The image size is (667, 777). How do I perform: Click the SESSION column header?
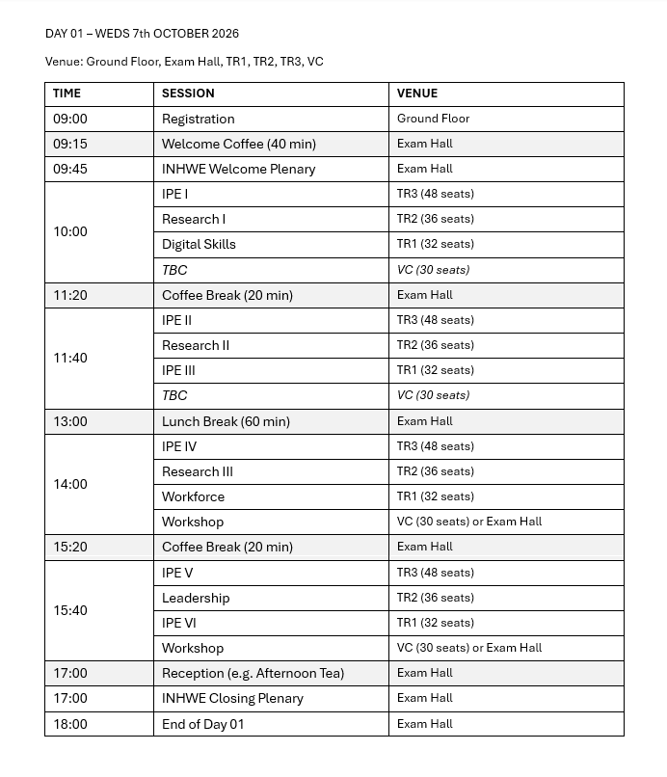(x=188, y=94)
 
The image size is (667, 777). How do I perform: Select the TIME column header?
(x=67, y=94)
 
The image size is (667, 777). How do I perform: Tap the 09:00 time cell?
(x=70, y=119)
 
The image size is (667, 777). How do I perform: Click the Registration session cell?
(x=198, y=119)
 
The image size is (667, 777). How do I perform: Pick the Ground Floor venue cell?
(x=433, y=119)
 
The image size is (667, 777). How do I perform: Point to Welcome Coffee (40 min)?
(x=238, y=144)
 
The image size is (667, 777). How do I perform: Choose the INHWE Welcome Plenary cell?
(x=238, y=169)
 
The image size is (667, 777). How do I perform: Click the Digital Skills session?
(x=199, y=244)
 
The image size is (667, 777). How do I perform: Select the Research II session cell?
(x=196, y=345)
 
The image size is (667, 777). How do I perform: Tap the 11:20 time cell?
(x=70, y=295)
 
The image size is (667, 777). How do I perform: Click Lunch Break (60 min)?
(x=226, y=421)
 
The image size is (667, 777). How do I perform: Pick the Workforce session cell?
(x=193, y=496)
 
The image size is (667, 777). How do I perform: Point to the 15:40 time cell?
(x=70, y=610)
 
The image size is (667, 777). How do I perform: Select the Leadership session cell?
(x=196, y=598)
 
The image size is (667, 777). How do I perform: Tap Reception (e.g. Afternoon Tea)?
(x=253, y=673)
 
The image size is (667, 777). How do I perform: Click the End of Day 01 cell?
(x=202, y=724)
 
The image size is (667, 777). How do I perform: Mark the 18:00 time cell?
(x=70, y=724)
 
